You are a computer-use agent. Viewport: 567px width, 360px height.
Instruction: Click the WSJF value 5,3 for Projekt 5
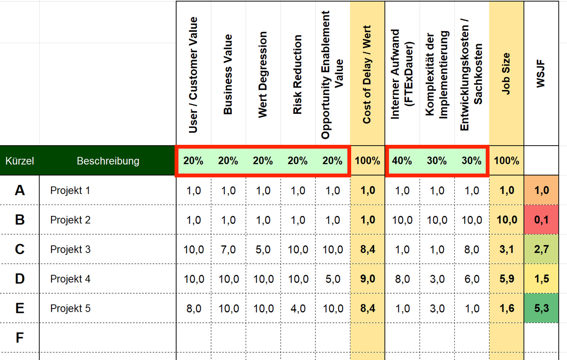(x=541, y=308)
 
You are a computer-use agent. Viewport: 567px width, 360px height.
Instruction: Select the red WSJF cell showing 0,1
(x=541, y=220)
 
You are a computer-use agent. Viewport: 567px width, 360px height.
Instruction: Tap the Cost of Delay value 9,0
(x=368, y=279)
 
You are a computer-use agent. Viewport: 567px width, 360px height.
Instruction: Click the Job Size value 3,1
(x=507, y=249)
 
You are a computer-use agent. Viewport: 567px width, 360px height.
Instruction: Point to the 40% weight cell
(x=402, y=161)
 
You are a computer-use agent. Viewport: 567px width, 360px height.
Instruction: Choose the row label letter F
(x=20, y=338)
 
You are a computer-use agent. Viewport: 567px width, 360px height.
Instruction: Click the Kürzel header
(x=20, y=161)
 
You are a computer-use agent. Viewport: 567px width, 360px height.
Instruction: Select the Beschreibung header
(x=108, y=161)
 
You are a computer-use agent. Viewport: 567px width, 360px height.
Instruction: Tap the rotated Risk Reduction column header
(x=298, y=75)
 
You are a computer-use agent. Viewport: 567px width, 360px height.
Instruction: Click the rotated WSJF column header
(x=541, y=74)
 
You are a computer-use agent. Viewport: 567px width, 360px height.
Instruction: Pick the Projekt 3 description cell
(x=71, y=249)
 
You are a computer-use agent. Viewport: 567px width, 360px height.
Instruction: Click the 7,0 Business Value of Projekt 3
(x=228, y=249)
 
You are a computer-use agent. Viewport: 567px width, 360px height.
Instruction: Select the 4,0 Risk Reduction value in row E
(x=298, y=309)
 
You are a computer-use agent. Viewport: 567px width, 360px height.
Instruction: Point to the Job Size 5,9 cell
(x=507, y=279)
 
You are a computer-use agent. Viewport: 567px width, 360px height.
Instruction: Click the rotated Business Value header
(x=228, y=75)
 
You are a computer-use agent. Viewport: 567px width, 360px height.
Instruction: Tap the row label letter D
(x=20, y=279)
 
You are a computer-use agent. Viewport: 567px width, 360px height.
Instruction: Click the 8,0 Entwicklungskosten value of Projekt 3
(x=472, y=249)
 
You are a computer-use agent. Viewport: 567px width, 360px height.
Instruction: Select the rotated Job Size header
(x=506, y=74)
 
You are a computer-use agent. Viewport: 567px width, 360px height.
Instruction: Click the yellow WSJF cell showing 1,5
(x=541, y=279)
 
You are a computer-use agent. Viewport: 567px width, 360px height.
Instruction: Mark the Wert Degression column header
(x=263, y=75)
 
